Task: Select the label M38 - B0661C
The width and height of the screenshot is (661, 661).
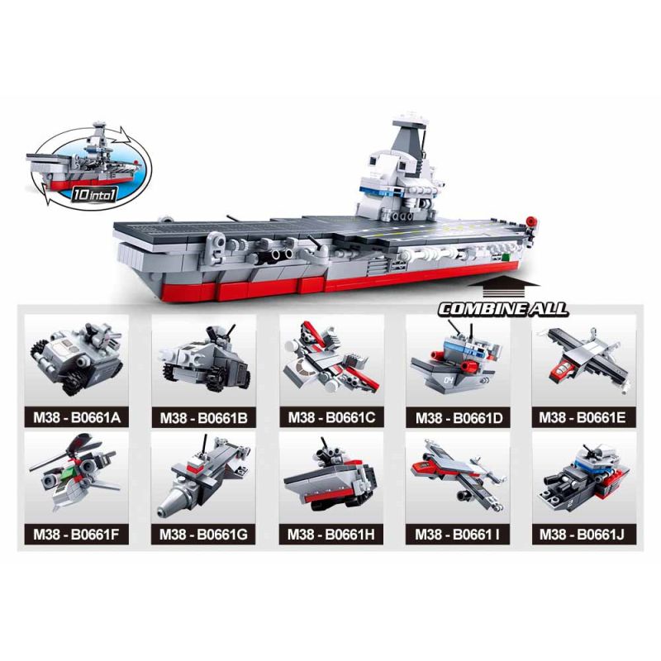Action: pos(330,418)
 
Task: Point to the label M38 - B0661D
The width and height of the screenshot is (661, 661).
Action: pos(458,418)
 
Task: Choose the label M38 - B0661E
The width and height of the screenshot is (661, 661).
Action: pos(584,418)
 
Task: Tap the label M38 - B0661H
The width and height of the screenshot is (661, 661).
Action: pos(330,535)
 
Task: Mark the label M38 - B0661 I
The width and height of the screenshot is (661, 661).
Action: pos(458,535)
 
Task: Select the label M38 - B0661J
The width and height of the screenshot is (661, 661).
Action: pos(584,535)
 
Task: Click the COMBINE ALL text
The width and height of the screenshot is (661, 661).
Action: pos(503,309)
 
